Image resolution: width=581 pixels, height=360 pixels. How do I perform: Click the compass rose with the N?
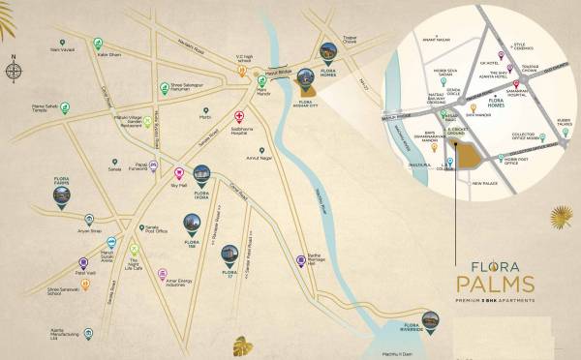pyautogui.click(x=14, y=70)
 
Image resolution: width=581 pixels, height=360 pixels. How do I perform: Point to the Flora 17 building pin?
pyautogui.click(x=229, y=254)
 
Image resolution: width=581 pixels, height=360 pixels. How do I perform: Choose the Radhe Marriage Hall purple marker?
pyautogui.click(x=301, y=259)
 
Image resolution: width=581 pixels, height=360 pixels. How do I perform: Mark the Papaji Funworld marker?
pyautogui.click(x=155, y=166)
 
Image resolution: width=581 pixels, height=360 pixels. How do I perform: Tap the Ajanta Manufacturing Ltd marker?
pyautogui.click(x=89, y=334)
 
